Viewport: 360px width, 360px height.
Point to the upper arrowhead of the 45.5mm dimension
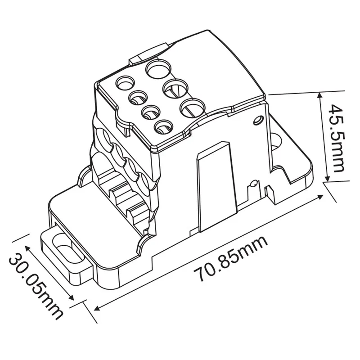click(x=320, y=95)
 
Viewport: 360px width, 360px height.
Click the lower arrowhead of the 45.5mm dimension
click(x=325, y=180)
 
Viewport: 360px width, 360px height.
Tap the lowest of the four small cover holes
click(x=163, y=127)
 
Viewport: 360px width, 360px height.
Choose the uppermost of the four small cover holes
click(x=126, y=83)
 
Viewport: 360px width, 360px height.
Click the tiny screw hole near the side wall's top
click(x=258, y=120)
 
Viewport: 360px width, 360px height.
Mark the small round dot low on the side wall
click(x=253, y=184)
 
